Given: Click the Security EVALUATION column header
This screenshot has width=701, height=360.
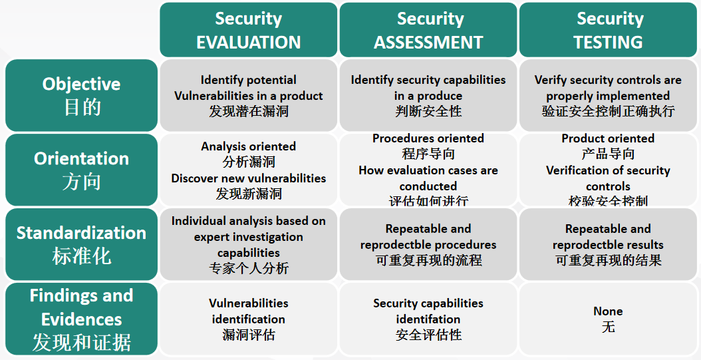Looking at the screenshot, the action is [x=249, y=30].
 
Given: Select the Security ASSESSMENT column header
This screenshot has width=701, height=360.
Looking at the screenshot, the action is [x=428, y=30].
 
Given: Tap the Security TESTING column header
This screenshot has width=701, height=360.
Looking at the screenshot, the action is [x=608, y=30].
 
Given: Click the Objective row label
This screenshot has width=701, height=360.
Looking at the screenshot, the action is [x=81, y=95].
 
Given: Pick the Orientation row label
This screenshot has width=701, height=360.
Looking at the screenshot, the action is [x=81, y=170].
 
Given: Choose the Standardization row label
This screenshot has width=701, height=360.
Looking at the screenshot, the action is [x=81, y=244].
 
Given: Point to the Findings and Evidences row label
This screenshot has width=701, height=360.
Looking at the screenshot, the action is [x=81, y=319].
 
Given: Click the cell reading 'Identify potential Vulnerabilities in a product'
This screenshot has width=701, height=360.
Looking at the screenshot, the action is [x=249, y=95].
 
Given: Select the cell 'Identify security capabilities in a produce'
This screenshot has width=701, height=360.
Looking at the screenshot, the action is [x=428, y=95].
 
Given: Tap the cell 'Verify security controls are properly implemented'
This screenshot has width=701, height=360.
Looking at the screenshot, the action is [x=608, y=95].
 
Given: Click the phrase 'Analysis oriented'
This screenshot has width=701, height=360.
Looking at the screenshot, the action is [x=249, y=146].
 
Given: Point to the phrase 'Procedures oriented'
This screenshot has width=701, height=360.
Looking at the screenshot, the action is [x=428, y=138].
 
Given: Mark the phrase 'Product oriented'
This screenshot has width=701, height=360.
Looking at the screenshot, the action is [x=608, y=138].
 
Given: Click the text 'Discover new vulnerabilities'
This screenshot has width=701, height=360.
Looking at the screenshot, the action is [x=249, y=178].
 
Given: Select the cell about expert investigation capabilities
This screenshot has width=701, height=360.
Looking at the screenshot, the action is [x=249, y=244].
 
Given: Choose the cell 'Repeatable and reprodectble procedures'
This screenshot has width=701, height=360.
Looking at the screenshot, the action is [x=428, y=244].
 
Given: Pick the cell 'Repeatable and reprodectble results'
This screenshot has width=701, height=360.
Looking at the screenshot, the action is [x=608, y=244].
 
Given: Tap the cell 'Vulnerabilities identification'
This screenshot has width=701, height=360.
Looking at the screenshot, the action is [x=249, y=319].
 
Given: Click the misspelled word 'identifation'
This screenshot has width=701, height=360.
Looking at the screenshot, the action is [x=428, y=319].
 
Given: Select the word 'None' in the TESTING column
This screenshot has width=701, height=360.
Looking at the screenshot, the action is [x=608, y=311].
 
